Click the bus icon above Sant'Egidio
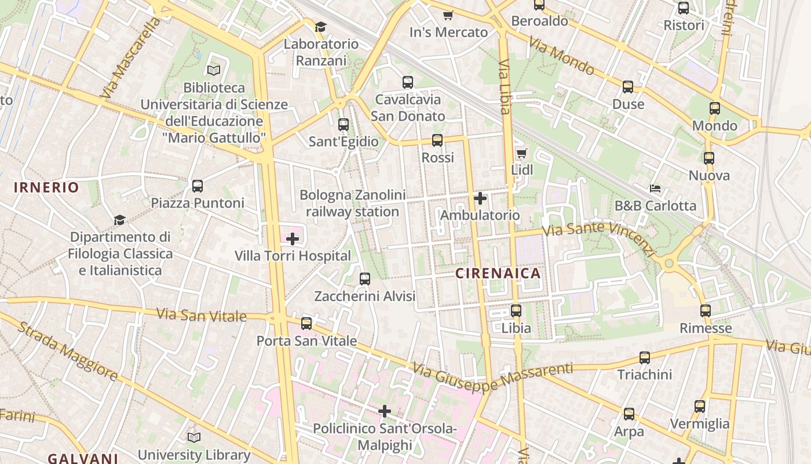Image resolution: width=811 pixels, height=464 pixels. tap(344, 125)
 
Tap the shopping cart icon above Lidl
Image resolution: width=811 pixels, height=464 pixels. tap(521, 154)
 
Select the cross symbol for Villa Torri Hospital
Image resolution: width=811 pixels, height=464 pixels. tap(293, 238)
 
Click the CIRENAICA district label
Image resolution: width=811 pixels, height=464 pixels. tap(498, 273)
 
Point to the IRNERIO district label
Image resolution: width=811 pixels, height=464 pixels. tap(46, 187)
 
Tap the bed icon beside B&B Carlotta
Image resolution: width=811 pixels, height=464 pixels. tap(655, 188)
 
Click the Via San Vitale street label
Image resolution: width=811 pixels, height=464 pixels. tap(202, 316)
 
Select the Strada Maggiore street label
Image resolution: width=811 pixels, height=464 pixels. tap(68, 351)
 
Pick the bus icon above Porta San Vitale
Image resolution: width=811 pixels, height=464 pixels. tap(306, 324)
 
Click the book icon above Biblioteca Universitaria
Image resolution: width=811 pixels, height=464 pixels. tap(214, 70)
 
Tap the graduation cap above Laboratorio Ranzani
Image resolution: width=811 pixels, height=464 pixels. tap(320, 27)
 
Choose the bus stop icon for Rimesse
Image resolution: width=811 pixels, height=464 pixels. tap(705, 311)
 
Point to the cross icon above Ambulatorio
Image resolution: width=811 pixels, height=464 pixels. tap(480, 198)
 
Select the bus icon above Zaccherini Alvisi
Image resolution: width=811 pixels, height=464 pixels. tap(365, 279)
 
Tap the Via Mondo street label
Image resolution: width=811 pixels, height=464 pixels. tap(561, 56)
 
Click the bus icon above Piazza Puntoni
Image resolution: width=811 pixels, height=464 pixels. tap(198, 186)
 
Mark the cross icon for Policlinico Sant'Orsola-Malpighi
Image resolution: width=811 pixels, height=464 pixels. tap(385, 412)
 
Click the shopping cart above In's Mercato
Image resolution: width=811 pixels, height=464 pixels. tap(448, 15)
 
